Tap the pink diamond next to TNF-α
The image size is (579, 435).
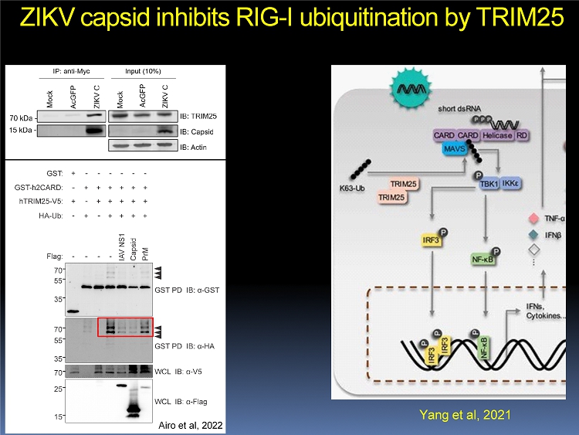[532, 219]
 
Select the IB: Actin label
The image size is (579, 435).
[198, 147]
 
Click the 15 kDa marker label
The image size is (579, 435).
[22, 131]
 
